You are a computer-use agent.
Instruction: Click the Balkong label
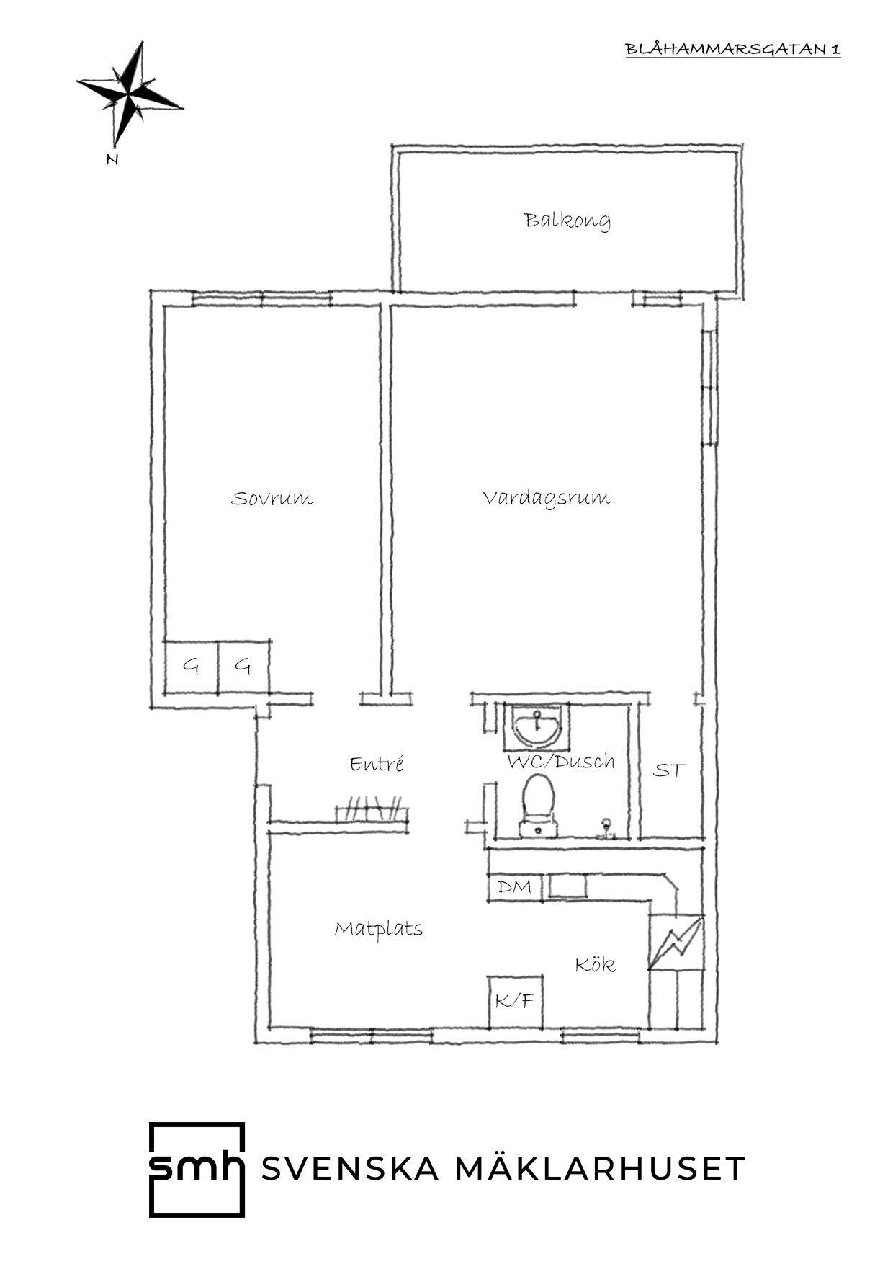567,221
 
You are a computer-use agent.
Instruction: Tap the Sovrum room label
272,498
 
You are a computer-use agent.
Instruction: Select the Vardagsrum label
547,498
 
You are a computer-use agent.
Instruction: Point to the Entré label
377,763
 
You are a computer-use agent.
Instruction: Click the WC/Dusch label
561,761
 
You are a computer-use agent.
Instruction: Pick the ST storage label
668,770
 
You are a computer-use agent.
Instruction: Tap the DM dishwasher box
515,886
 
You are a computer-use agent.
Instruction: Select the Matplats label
378,929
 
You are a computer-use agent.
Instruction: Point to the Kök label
595,964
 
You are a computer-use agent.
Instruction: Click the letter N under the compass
112,160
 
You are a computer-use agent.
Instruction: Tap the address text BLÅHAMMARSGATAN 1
732,49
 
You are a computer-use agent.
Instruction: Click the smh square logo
197,1169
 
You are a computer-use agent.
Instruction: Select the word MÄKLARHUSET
599,1169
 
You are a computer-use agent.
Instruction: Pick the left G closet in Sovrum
190,667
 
